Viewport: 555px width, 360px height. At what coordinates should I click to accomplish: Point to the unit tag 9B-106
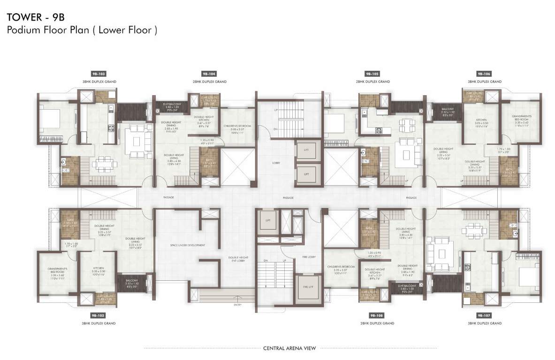(484, 74)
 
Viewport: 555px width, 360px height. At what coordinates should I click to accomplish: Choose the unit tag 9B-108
(377, 315)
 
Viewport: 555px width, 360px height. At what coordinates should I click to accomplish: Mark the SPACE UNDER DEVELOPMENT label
(188, 246)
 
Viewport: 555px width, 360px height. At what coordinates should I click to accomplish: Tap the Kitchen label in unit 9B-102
(98, 270)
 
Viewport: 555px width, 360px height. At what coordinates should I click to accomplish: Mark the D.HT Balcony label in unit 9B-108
(406, 287)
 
